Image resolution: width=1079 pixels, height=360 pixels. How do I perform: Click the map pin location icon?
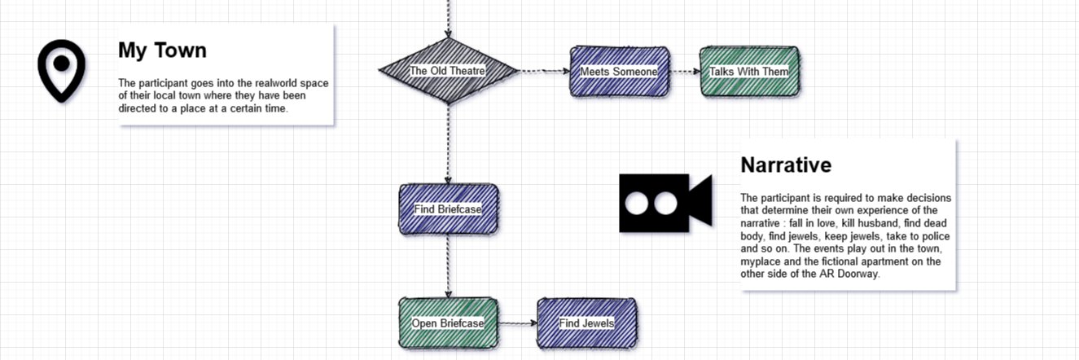[62, 71]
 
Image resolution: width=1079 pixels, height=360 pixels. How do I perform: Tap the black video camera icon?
[665, 203]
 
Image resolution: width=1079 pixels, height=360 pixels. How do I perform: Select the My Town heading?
[162, 50]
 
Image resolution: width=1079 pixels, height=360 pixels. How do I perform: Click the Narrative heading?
[786, 165]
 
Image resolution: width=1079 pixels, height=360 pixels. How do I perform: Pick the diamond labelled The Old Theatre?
[449, 71]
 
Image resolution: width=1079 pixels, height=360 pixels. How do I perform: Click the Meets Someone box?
[620, 72]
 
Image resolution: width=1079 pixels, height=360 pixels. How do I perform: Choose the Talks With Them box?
[749, 72]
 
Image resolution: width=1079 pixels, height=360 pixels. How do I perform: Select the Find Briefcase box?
[449, 209]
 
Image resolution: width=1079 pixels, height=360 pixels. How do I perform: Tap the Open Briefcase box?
[449, 323]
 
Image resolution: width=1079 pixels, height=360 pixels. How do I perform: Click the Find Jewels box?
[586, 323]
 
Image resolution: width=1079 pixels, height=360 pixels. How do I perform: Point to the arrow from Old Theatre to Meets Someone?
[544, 72]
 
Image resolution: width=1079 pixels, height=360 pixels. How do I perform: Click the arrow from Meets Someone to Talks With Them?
[685, 72]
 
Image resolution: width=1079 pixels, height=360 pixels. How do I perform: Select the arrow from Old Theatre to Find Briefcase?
[449, 144]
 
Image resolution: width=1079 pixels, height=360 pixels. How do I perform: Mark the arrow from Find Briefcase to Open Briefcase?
[449, 266]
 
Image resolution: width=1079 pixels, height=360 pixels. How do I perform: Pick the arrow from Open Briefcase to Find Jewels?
[518, 323]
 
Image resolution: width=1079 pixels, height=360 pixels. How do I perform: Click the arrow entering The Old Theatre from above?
[449, 19]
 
